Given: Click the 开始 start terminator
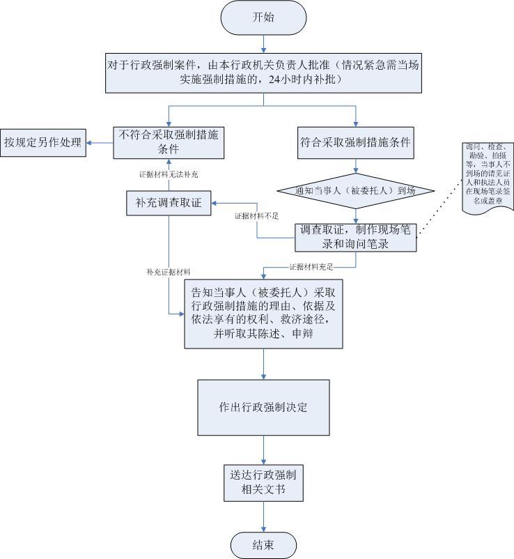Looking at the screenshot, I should click(263, 17).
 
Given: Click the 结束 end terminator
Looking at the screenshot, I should click(263, 544).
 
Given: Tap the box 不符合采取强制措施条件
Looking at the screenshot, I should click(169, 142).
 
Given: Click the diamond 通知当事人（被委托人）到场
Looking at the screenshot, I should click(356, 190).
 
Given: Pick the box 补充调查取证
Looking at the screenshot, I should click(169, 204).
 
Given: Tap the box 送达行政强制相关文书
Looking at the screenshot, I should click(263, 482).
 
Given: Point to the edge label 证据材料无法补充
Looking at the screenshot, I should click(168, 174).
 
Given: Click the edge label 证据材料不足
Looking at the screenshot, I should click(257, 216).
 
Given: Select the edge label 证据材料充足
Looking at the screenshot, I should click(311, 267).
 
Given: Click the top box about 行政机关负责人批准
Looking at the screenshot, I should click(263, 72).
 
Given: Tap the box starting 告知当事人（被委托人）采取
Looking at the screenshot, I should click(263, 315).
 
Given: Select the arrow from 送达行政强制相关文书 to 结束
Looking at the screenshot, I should click(264, 516).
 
